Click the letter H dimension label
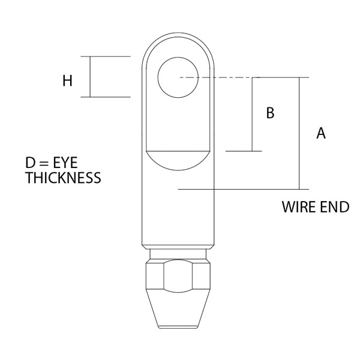[x=67, y=81]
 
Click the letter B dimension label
[x=270, y=113]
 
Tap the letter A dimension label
[x=321, y=133]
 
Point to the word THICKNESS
[x=63, y=178]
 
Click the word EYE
[x=65, y=163]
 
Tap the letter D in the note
[x=30, y=163]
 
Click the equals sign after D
[x=44, y=163]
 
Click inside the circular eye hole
[x=178, y=77]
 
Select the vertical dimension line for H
[x=90, y=77]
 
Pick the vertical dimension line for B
[x=252, y=115]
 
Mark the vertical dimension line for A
[x=299, y=133]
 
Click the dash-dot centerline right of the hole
[x=220, y=77]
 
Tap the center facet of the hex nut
[x=178, y=276]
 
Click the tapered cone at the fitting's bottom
[x=178, y=308]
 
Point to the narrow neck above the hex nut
[x=178, y=254]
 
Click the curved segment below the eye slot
[x=178, y=161]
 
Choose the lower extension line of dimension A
[x=244, y=190]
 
